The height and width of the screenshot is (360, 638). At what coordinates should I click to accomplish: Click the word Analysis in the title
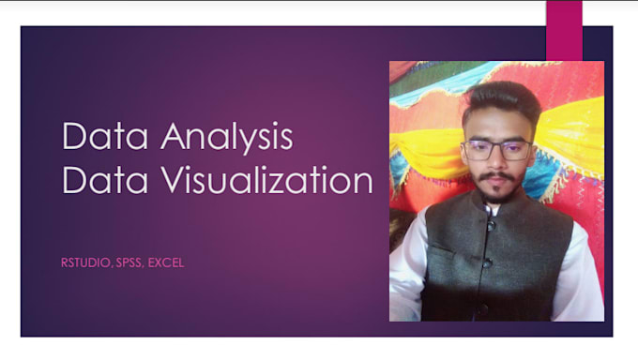(x=226, y=140)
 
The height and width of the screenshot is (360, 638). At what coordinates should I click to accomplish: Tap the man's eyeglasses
(x=498, y=149)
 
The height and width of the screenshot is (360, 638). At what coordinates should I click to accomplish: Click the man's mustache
(x=497, y=177)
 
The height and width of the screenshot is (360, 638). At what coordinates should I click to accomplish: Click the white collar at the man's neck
(x=490, y=211)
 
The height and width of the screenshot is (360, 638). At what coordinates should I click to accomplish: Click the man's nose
(x=497, y=162)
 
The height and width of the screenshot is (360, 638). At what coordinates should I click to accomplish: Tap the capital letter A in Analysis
(x=172, y=138)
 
